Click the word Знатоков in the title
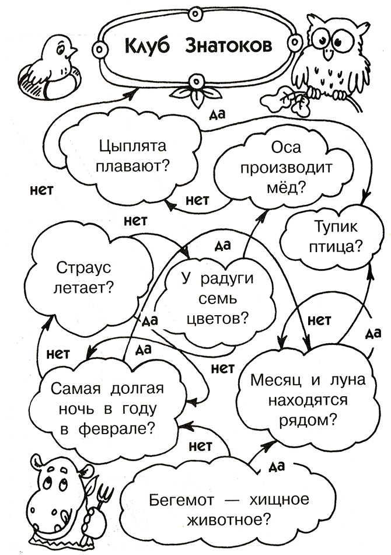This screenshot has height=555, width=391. (x=229, y=46)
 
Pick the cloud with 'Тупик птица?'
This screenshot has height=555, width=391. (x=333, y=235)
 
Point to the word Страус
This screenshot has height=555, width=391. (x=83, y=268)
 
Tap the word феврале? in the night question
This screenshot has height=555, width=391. (x=117, y=430)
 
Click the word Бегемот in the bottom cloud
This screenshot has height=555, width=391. (x=181, y=500)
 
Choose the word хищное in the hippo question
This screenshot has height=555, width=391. (x=279, y=500)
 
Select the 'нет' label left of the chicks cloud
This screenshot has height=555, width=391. (x=41, y=190)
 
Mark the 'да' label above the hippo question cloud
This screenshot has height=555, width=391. (x=277, y=466)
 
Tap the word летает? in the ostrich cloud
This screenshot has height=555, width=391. (x=83, y=288)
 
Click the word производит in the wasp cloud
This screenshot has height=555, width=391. (x=287, y=167)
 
